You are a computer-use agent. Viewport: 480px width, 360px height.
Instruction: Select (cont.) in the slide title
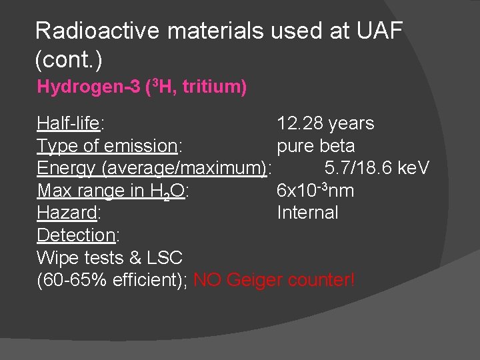(x=68, y=59)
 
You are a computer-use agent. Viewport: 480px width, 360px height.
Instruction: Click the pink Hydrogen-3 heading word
(x=89, y=87)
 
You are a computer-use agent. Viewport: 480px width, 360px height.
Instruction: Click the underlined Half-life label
(x=69, y=123)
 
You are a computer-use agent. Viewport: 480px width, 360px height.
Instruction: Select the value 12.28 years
(x=325, y=123)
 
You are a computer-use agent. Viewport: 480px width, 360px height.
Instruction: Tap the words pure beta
(x=315, y=146)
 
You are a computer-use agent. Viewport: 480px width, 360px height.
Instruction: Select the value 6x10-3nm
(x=315, y=191)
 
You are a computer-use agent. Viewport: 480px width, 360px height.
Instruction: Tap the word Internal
(x=307, y=213)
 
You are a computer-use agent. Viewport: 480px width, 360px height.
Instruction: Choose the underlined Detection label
(x=77, y=235)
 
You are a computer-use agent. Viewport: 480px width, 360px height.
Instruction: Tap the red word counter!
(x=321, y=281)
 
